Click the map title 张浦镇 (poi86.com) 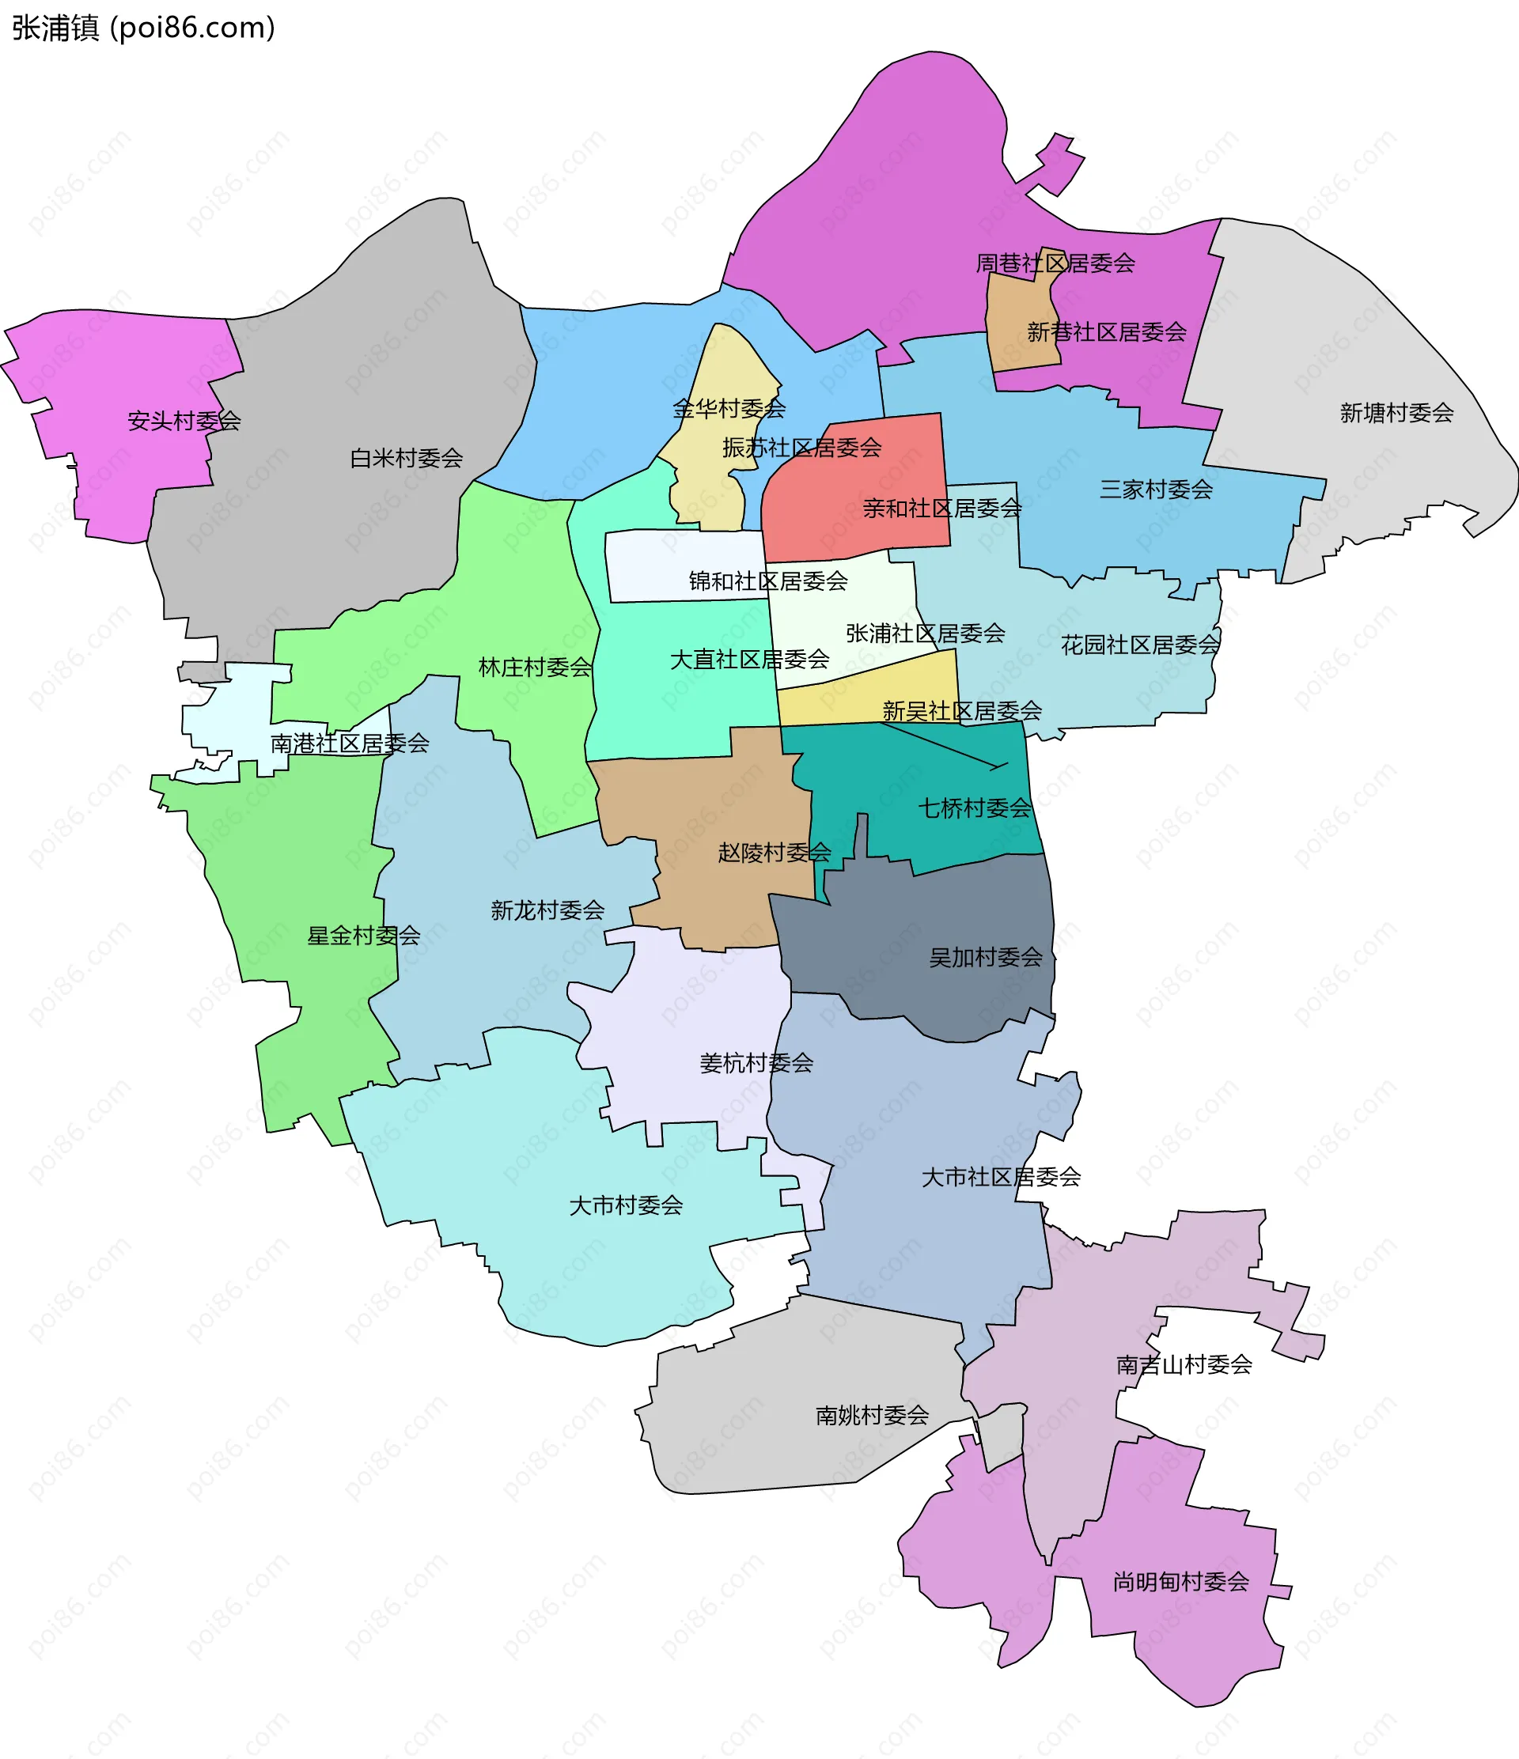(x=143, y=28)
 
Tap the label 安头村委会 (x=184, y=420)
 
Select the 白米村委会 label (x=407, y=459)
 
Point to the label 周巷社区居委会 (x=1055, y=263)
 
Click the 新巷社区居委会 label (x=1106, y=332)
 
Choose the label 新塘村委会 (x=1396, y=413)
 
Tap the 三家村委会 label (x=1156, y=489)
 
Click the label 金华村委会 (x=729, y=408)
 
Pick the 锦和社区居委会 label (x=767, y=581)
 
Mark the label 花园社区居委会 (x=1139, y=645)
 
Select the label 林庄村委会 (x=535, y=668)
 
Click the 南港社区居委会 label (x=350, y=743)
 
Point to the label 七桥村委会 (x=974, y=808)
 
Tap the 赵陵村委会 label (x=775, y=853)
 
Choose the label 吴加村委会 (x=985, y=958)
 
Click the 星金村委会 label (x=363, y=936)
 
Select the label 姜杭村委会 (x=756, y=1063)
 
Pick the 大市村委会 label (x=626, y=1205)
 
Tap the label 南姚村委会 (x=872, y=1415)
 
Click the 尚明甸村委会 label (x=1181, y=1582)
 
